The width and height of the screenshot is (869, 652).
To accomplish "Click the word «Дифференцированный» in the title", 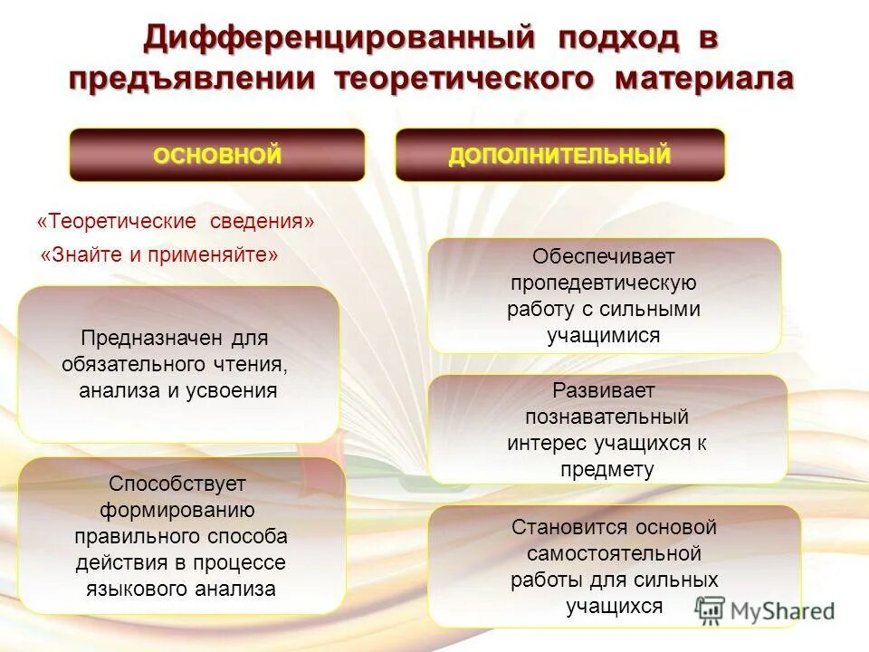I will pos(336,39).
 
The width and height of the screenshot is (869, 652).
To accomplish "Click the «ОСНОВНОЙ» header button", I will pos(217,155).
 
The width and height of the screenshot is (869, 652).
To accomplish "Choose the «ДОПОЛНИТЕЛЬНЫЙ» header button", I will pos(560,155).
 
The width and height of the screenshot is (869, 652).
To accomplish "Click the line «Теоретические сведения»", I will pos(176,222).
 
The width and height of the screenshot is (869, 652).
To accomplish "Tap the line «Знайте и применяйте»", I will pos(160,254).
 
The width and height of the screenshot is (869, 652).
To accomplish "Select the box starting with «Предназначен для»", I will pos(178,364).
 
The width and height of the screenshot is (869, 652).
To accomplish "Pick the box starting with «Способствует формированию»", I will pos(181,536).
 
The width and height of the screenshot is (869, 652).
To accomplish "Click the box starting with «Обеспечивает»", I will pos(604,296).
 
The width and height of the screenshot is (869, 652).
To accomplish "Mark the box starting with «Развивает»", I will pos(607,430).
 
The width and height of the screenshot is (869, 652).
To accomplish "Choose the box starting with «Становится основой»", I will pos(614,566).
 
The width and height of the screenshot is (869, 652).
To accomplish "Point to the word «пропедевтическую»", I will pos(603,283).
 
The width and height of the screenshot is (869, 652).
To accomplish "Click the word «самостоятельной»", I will pos(614,552).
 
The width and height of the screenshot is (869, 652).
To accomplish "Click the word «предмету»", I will pos(607,469).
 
